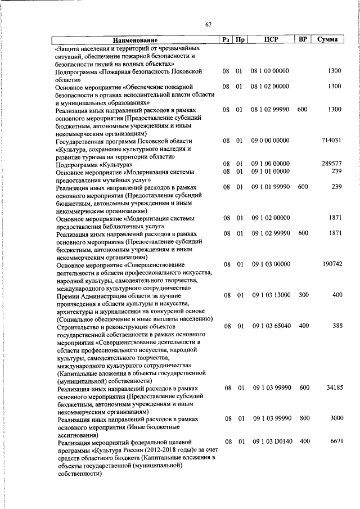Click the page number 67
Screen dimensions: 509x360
click(208, 24)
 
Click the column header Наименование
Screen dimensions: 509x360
click(135, 40)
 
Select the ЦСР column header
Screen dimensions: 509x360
click(271, 40)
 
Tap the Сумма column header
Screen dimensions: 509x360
click(327, 40)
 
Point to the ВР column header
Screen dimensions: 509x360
click(303, 40)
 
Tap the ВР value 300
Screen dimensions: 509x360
click(304, 295)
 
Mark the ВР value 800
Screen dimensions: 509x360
click(304, 419)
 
